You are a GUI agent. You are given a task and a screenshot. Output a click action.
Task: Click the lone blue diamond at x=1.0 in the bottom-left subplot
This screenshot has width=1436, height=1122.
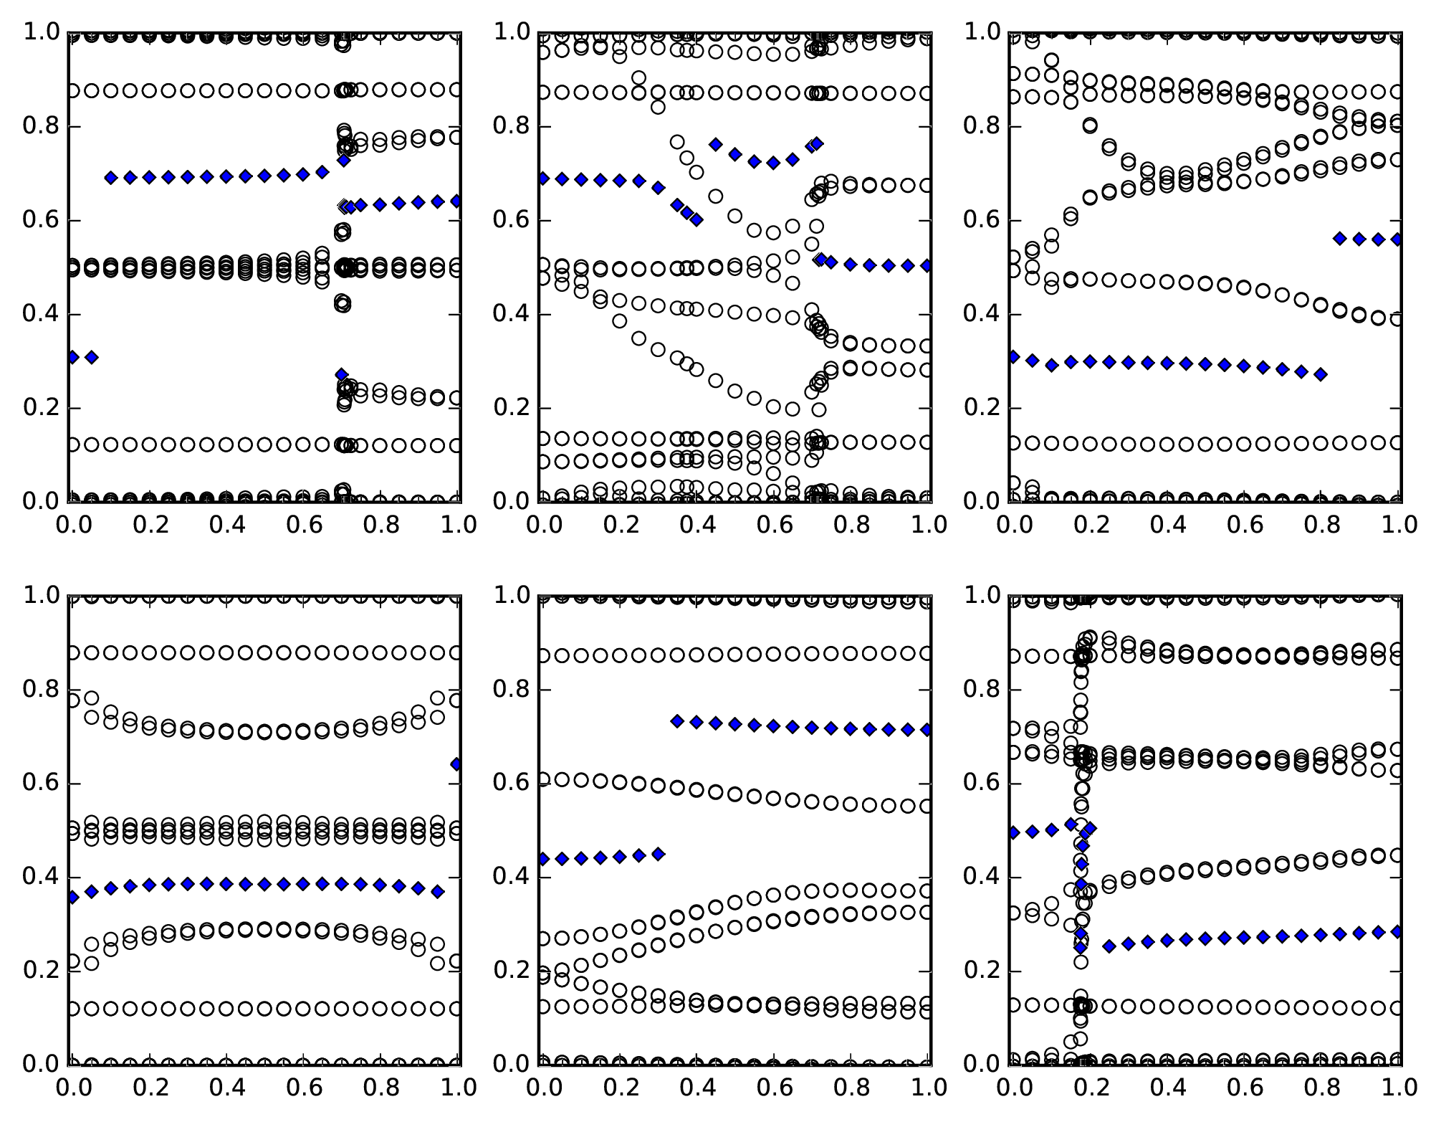point(457,764)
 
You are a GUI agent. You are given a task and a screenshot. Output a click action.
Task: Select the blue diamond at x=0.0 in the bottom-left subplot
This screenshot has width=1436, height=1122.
point(72,897)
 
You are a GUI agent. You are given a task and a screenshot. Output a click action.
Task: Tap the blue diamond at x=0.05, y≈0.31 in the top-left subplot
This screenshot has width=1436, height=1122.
point(92,357)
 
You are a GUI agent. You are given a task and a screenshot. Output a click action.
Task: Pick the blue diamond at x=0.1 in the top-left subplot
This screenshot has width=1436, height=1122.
point(111,178)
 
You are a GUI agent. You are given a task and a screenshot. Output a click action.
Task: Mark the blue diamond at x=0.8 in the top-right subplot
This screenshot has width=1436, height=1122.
point(1320,374)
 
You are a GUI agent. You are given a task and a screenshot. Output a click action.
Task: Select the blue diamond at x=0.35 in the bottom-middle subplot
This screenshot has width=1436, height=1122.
point(677,721)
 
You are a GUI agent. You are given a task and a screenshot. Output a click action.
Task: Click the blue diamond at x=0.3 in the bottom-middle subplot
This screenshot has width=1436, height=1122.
point(658,854)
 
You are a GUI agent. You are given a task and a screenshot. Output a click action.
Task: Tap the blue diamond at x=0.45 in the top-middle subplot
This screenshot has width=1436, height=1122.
point(715,144)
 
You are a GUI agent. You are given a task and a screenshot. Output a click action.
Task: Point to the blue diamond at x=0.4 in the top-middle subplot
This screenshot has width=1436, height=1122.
point(696,219)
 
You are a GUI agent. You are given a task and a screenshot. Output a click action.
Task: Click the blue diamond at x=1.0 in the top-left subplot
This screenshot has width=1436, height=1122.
point(457,201)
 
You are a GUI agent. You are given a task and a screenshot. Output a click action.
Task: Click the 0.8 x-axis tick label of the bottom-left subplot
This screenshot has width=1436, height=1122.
point(380,1088)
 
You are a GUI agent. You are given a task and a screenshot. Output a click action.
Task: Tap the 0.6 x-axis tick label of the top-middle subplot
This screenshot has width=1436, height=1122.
point(774,525)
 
